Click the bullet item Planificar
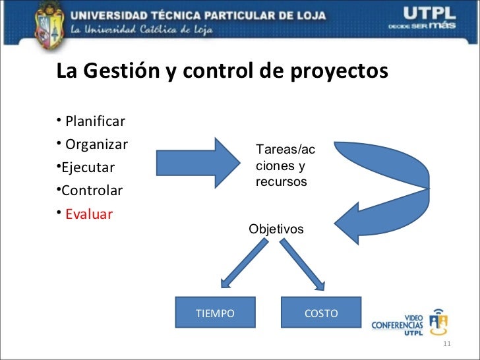(x=95, y=121)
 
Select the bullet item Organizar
(x=96, y=144)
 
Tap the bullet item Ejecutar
(x=88, y=167)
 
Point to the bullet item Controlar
(x=92, y=191)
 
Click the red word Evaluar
(x=89, y=214)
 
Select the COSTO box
(x=321, y=313)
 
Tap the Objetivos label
(x=276, y=229)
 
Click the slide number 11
(x=446, y=347)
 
